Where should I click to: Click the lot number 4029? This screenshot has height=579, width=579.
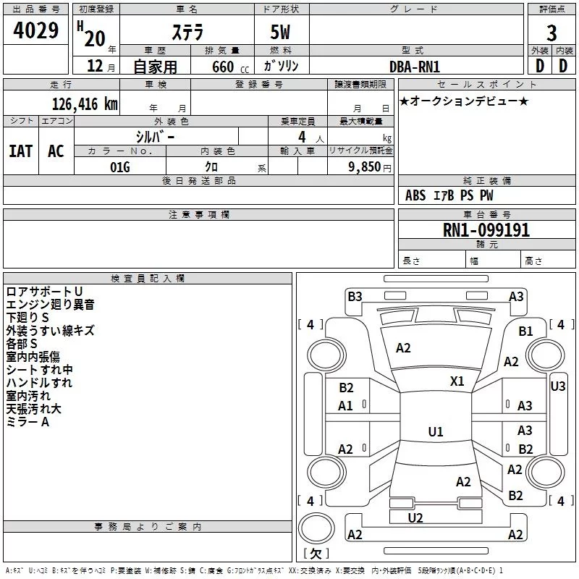35,30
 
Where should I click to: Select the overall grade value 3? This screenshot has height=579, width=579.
551,33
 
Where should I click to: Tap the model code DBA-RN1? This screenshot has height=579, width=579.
415,67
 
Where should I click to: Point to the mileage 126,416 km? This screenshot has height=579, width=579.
85,104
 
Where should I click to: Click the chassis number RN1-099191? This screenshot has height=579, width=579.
486,230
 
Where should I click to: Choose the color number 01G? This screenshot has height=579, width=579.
120,167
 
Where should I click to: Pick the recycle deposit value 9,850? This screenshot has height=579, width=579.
365,167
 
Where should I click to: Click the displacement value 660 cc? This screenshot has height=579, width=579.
230,67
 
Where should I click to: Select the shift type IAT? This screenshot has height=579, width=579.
21,151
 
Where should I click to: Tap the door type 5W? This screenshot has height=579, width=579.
280,32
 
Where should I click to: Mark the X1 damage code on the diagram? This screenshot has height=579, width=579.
457,381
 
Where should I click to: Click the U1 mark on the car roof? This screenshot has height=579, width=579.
436,431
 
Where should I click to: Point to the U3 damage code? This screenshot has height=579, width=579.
557,386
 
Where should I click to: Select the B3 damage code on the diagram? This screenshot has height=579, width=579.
355,297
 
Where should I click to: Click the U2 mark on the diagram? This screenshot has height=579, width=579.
415,518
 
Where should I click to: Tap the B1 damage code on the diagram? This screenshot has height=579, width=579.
525,331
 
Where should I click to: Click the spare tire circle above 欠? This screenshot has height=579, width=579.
316,528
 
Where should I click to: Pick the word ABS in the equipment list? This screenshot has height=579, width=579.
415,195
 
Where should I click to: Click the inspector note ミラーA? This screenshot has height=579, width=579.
28,422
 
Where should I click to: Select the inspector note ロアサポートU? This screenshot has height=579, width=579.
44,292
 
